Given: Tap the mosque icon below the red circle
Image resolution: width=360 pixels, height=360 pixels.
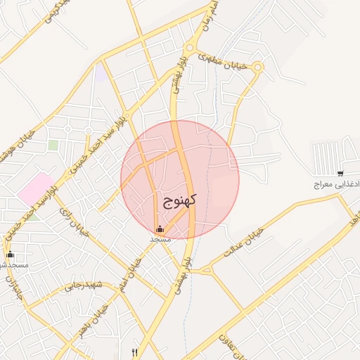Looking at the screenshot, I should pyautogui.click(x=160, y=229).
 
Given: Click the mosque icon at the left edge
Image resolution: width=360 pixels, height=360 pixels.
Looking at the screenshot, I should pyautogui.click(x=10, y=255).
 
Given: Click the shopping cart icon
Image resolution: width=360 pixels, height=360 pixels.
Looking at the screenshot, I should pyautogui.click(x=340, y=173).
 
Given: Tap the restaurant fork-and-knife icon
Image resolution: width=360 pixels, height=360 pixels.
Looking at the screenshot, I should pyautogui.click(x=134, y=352).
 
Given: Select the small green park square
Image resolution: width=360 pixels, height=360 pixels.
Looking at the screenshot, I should pyautogui.click(x=53, y=145).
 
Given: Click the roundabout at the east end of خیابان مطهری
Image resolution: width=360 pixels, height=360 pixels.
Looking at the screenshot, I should pyautogui.click(x=258, y=67).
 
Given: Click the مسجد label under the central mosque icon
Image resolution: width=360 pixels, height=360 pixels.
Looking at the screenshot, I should pyautogui.click(x=160, y=239).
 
